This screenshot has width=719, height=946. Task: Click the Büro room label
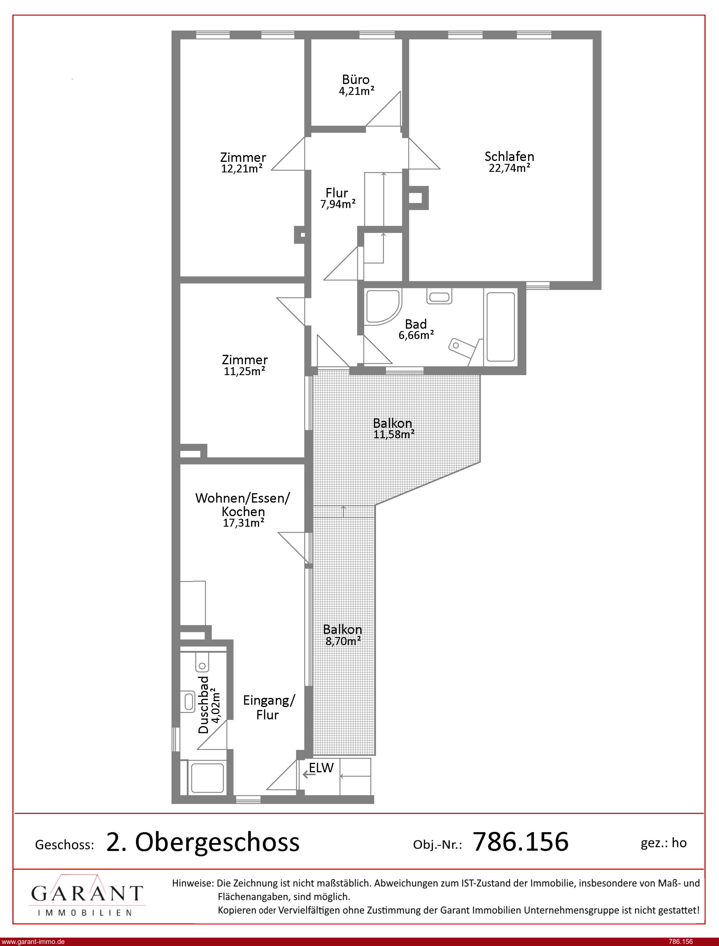point(356,80)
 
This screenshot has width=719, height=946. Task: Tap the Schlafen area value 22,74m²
point(509,168)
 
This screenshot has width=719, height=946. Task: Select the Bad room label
point(416,324)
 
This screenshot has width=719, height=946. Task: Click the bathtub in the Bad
point(501,327)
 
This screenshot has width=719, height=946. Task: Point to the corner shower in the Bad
point(383,307)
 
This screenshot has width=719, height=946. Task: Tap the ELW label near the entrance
point(321,768)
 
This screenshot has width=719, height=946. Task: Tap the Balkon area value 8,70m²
point(343,641)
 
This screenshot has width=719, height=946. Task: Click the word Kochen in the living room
point(243,511)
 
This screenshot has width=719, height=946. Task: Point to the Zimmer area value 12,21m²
point(242,168)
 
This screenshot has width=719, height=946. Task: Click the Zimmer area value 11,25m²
point(244,371)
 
